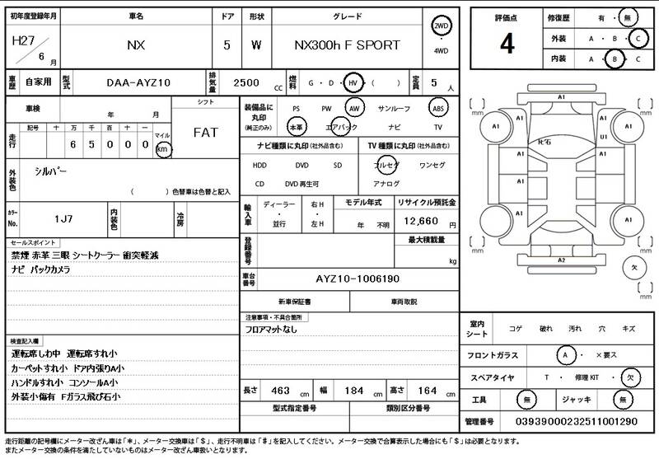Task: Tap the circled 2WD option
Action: (x=442, y=26)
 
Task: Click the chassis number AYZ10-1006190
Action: (x=358, y=279)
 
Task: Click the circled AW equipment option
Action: (x=355, y=108)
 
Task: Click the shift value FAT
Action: (x=205, y=132)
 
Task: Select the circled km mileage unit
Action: (x=163, y=149)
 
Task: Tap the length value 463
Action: (x=280, y=389)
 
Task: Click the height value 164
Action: (x=428, y=389)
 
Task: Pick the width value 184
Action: (x=354, y=389)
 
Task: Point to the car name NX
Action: (x=136, y=46)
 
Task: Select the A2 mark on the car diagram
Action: (x=562, y=260)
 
